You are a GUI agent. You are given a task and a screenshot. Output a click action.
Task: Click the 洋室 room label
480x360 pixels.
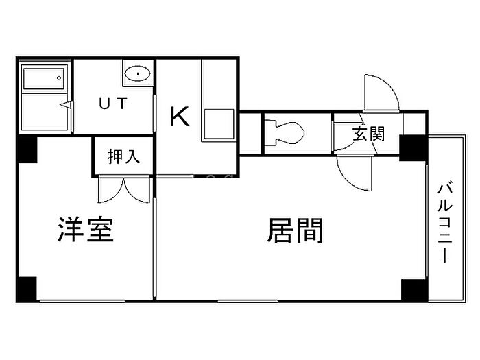(86, 232)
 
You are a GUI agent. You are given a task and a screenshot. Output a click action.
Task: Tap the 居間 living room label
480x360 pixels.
(294, 232)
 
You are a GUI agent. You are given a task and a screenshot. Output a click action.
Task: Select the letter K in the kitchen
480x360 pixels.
(180, 117)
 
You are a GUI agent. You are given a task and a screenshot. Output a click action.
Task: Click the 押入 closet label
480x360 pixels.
(124, 156)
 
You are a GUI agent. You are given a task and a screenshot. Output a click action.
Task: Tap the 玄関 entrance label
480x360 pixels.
(368, 134)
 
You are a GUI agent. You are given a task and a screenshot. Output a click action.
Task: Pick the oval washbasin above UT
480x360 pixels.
(139, 72)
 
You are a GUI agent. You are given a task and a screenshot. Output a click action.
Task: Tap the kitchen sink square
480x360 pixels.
(218, 125)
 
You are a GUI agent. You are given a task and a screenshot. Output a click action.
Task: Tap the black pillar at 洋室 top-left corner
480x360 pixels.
(27, 149)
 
